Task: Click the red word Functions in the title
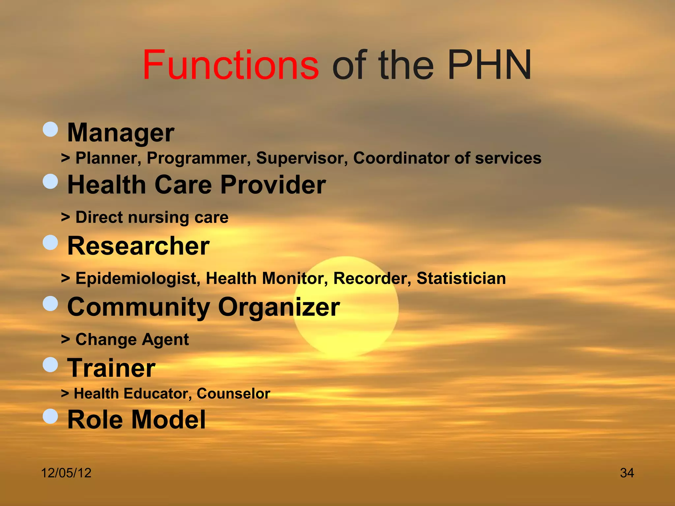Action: (230, 65)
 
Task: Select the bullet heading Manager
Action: (121, 132)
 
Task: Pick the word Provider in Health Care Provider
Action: (273, 184)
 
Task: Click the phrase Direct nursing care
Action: (152, 217)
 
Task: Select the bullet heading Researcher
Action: (138, 246)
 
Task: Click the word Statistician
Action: (461, 278)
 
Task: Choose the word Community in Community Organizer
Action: (138, 307)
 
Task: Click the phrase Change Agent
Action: (132, 340)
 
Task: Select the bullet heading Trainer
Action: (111, 368)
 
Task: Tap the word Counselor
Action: (233, 394)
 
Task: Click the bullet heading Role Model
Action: (136, 420)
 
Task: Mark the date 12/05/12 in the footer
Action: (66, 473)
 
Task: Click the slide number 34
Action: (627, 473)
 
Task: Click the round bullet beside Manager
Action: (50, 129)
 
